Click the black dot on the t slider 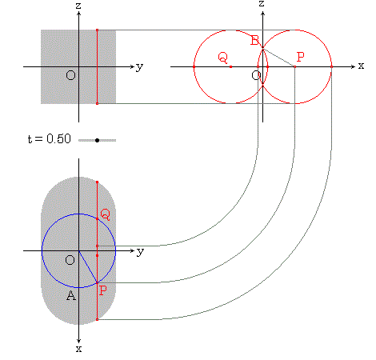(97, 140)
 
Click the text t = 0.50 (50, 139)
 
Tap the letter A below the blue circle (71, 295)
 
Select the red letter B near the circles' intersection (254, 41)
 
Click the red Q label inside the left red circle (223, 58)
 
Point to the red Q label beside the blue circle (105, 214)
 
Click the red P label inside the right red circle (301, 57)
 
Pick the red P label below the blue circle (103, 290)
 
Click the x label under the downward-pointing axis (78, 349)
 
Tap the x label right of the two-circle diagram (361, 66)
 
